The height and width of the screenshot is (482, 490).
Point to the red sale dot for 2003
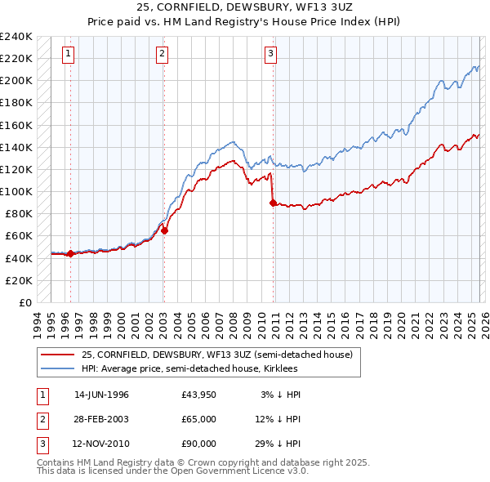click(164, 230)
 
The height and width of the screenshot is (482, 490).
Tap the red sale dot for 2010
click(272, 203)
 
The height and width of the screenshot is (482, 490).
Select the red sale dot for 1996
click(70, 253)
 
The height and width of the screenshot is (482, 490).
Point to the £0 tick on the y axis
click(24, 302)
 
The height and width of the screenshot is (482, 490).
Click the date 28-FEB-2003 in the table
click(101, 419)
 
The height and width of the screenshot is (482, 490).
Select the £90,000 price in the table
click(199, 444)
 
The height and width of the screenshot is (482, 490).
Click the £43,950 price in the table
click(199, 395)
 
